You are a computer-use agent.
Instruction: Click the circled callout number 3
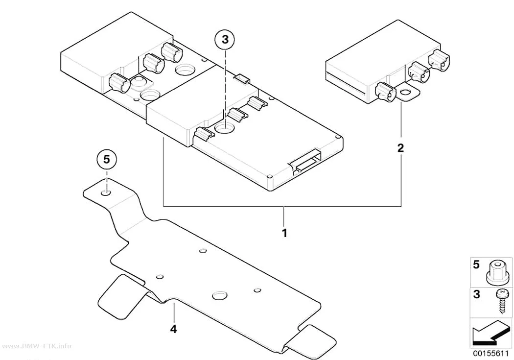click(225, 40)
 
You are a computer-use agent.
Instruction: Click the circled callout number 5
click(106, 159)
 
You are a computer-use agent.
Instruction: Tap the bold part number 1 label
click(284, 233)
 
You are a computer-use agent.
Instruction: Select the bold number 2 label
click(400, 148)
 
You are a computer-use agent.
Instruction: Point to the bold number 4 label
click(173, 329)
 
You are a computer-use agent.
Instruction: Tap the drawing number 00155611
click(491, 354)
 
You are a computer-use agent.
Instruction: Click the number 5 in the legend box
click(476, 264)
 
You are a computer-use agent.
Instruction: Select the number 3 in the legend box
click(476, 294)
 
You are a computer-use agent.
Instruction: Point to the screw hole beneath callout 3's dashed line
click(225, 128)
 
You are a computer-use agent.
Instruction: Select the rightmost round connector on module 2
click(439, 60)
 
